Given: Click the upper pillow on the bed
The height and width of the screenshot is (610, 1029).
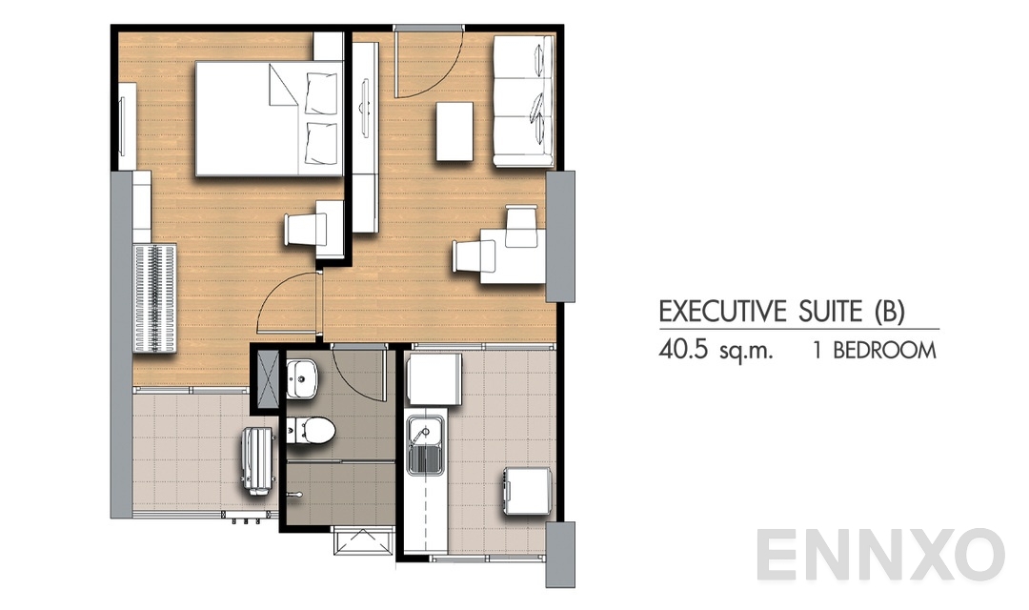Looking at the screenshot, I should pyautogui.click(x=320, y=91).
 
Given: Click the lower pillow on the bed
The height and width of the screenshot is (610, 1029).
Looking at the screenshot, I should pyautogui.click(x=320, y=141).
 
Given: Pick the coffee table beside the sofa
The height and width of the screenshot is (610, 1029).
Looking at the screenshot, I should pyautogui.click(x=454, y=132).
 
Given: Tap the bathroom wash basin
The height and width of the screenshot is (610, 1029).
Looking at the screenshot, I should pyautogui.click(x=304, y=377).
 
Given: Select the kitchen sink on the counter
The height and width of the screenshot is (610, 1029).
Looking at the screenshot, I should pyautogui.click(x=420, y=446).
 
